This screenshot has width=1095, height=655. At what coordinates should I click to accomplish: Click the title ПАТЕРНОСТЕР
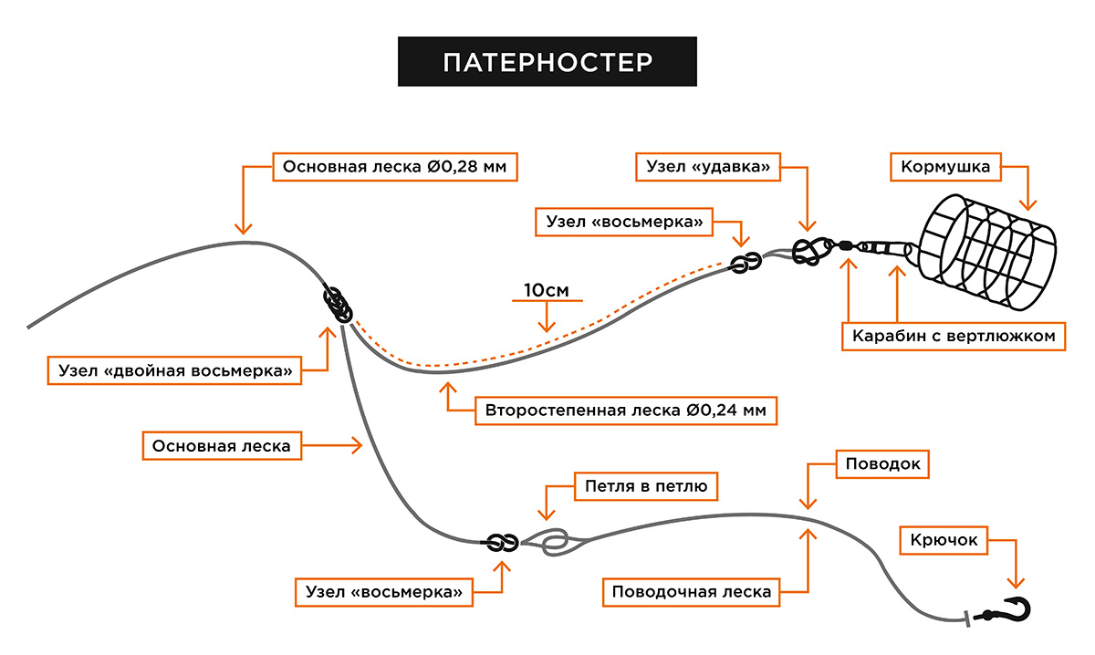[x=547, y=62]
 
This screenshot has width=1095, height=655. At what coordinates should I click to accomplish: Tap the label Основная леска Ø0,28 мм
[x=395, y=167]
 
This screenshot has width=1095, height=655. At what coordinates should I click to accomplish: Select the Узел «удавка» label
[x=708, y=167]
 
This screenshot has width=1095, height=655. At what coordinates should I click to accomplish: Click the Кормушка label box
[x=945, y=167]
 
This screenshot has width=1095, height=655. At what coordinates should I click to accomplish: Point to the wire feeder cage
[x=987, y=252]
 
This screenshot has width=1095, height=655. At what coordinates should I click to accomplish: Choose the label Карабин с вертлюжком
[x=954, y=337]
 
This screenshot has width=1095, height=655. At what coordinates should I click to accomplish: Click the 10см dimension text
[x=547, y=290]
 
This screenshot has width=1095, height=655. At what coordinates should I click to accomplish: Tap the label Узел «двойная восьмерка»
[x=174, y=370]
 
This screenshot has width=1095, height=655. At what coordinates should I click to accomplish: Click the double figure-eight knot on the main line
[x=338, y=304]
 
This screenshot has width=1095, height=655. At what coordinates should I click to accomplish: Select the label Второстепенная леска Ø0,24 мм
[x=626, y=411]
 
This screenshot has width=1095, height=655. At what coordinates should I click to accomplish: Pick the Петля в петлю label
[x=646, y=486]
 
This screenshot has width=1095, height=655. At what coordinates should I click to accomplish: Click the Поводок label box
[x=882, y=463]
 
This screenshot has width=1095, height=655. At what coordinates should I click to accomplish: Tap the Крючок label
[x=944, y=540]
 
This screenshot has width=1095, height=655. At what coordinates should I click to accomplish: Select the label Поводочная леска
[x=692, y=592]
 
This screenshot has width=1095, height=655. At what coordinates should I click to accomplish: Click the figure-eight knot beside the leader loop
[x=503, y=543]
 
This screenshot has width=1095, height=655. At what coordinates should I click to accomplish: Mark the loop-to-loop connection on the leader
[x=555, y=543]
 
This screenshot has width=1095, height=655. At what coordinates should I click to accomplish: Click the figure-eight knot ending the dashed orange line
[x=746, y=263]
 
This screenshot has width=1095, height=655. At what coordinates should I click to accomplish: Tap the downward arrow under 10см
[x=547, y=317]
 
